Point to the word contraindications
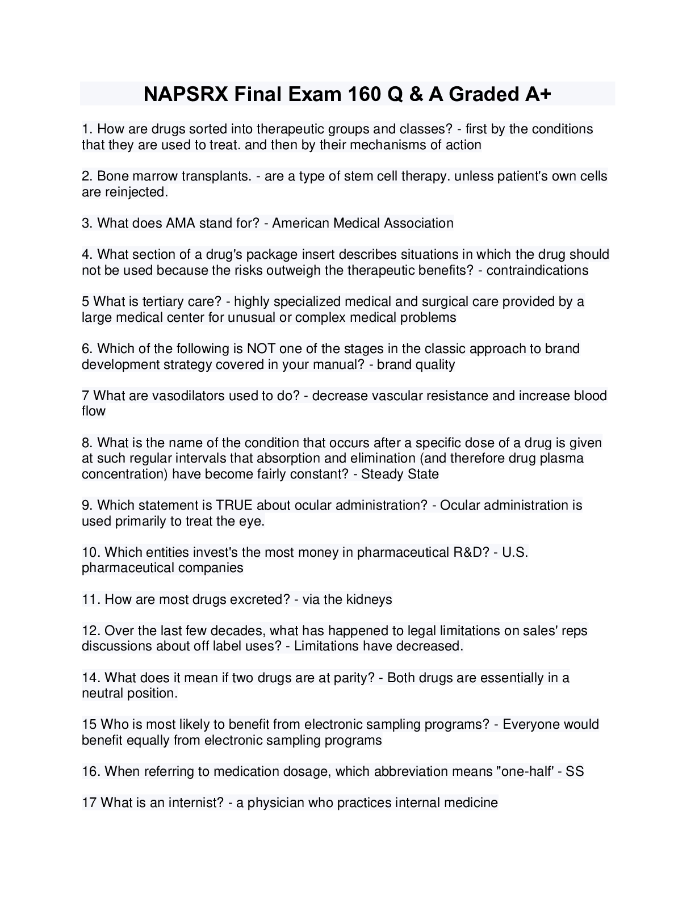537,270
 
